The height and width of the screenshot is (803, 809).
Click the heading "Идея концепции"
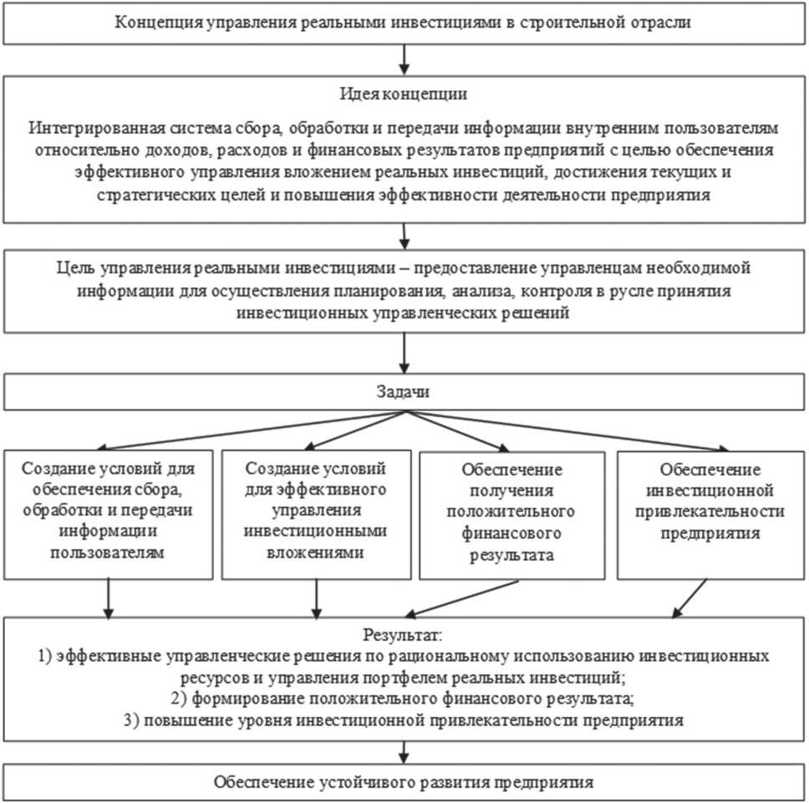click(x=404, y=91)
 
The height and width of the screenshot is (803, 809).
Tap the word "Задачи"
click(x=404, y=391)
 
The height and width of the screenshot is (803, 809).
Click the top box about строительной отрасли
click(x=404, y=22)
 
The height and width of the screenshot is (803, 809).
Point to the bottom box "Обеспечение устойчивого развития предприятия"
click(x=404, y=783)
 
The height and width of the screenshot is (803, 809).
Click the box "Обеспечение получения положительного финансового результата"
click(x=511, y=515)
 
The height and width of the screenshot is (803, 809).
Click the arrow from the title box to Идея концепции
click(x=404, y=59)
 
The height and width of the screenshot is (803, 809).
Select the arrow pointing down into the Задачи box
click(x=404, y=353)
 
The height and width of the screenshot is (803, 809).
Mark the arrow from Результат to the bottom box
click(x=404, y=750)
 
